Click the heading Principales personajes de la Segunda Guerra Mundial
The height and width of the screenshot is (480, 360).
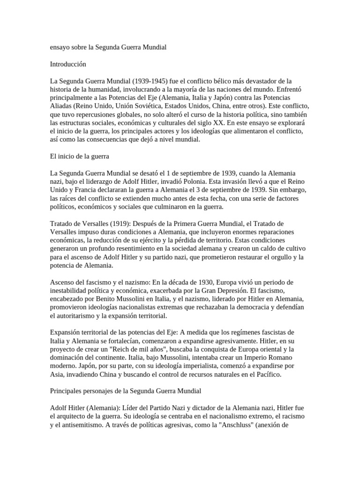click(125, 390)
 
